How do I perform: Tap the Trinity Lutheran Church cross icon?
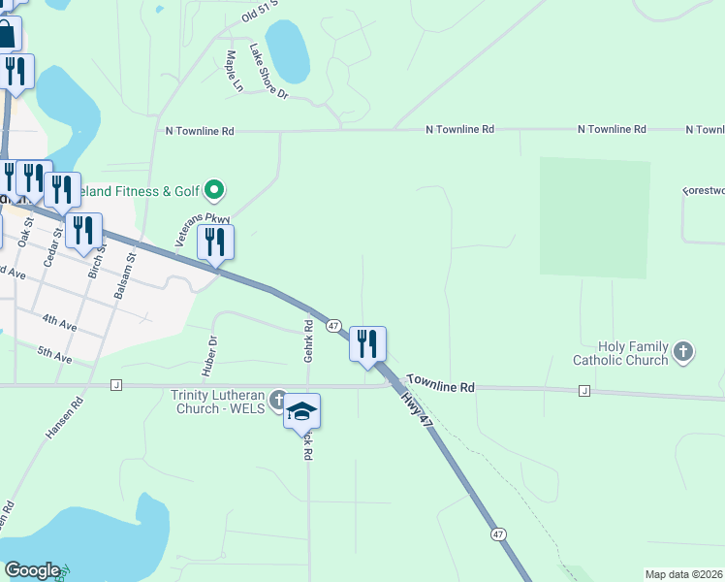279,399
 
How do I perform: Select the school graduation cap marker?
301,411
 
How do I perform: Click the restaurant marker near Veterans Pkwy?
215,242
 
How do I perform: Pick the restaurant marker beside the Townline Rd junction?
367,343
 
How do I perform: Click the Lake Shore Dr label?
268,72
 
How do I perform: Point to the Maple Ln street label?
234,72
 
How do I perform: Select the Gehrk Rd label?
307,341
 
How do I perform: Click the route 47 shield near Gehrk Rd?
332,326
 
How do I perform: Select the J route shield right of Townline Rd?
583,391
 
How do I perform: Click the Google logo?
31,570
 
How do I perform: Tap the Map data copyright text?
683,574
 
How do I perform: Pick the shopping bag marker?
6,35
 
